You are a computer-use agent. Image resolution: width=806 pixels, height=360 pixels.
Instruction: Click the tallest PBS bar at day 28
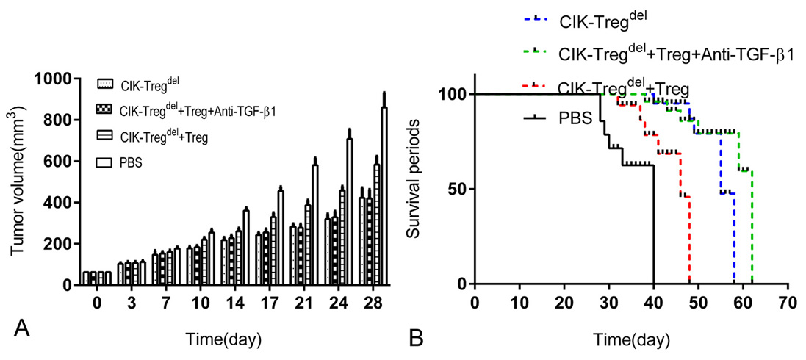pos(384,195)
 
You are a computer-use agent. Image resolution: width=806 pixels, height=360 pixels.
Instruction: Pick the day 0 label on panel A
pos(97,304)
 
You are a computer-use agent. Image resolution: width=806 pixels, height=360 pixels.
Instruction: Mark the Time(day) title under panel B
pos(632,339)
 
